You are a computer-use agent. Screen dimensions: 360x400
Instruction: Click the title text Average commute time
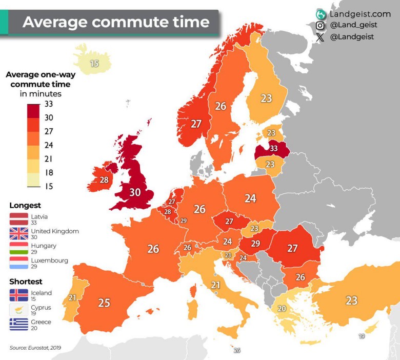(116, 22)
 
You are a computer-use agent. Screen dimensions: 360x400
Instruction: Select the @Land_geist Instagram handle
(354, 25)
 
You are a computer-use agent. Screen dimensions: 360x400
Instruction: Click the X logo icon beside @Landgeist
(321, 37)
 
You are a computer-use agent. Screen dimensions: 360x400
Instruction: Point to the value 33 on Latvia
(273, 149)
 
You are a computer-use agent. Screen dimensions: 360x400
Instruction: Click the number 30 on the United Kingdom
(134, 192)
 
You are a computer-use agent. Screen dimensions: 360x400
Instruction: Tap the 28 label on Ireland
(104, 180)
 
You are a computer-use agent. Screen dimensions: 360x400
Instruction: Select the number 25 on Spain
(104, 303)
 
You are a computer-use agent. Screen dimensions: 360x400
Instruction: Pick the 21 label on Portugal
(72, 298)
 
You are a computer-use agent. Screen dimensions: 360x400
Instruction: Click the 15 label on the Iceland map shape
(94, 64)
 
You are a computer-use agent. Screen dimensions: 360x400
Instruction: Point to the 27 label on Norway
(196, 124)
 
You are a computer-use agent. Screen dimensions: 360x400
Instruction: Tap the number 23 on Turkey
(351, 301)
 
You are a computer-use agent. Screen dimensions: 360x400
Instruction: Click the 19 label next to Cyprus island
(362, 336)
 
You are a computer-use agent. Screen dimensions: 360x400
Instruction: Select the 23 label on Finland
(266, 98)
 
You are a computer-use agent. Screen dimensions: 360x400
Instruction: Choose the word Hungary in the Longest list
(44, 246)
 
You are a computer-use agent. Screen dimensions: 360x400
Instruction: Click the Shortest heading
(26, 282)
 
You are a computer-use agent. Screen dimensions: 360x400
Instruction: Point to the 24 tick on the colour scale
(49, 145)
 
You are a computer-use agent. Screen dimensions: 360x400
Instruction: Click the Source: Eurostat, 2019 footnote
(35, 348)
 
